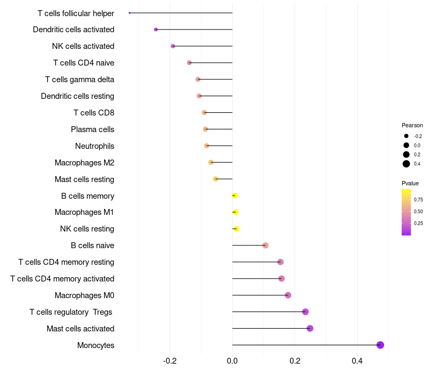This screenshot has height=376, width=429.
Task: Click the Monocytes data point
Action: (380, 345)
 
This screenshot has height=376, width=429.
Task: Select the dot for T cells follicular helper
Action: (130, 13)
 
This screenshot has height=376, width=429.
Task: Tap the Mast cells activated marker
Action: (310, 328)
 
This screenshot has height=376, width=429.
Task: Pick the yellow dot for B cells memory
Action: (235, 196)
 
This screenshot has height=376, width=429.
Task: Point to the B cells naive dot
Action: (265, 245)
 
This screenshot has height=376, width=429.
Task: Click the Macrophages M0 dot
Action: (288, 295)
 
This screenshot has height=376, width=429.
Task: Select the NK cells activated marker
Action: (173, 46)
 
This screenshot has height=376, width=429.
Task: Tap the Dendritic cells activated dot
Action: (156, 30)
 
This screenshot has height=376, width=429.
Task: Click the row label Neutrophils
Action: (95, 146)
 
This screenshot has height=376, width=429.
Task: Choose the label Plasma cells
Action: (92, 129)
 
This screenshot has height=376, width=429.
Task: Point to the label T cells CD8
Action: (94, 113)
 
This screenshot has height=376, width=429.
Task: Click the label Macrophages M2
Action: (85, 163)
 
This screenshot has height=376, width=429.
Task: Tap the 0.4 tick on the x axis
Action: (357, 361)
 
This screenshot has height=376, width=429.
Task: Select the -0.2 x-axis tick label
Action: (169, 361)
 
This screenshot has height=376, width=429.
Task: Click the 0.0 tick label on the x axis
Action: (232, 361)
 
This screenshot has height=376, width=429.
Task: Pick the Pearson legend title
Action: (412, 125)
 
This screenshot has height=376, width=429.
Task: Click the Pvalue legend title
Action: (410, 183)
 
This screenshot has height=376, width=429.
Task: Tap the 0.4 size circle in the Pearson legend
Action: (406, 164)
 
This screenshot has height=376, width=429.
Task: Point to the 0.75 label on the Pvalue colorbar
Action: (418, 199)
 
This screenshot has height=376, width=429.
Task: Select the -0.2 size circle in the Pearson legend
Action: (406, 136)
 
